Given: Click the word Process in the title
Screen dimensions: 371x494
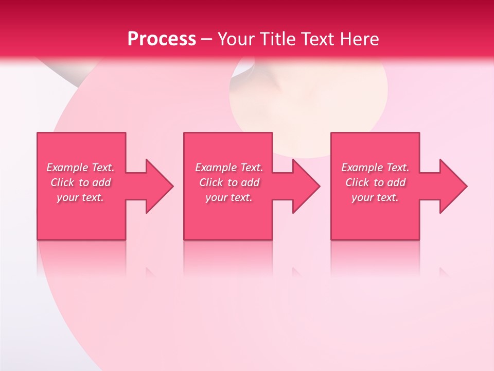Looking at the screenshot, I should pos(162,39).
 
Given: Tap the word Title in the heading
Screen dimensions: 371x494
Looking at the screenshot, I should pos(275,39).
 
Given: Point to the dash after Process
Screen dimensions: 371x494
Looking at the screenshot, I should pos(206,40).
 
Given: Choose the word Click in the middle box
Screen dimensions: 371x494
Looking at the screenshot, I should pos(210,182).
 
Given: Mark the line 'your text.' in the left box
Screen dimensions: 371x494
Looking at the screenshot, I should pos(80,197).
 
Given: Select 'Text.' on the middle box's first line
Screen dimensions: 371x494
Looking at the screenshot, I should pos(251,167).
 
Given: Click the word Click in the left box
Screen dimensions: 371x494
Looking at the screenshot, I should pos(62,182).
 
